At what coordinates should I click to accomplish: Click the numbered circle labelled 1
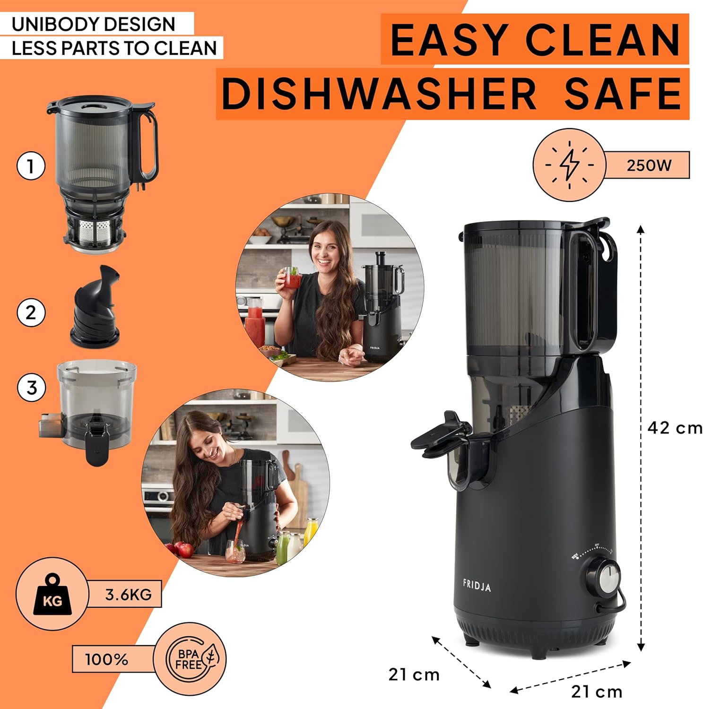(x=31, y=166)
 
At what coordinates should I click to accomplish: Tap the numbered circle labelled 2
(x=31, y=312)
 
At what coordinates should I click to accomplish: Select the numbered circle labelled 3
(x=31, y=388)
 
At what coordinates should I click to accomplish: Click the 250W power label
(x=649, y=165)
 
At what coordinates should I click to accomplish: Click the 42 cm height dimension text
(x=675, y=428)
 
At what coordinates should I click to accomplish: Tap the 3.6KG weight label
(x=128, y=594)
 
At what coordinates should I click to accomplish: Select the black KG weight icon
(x=52, y=594)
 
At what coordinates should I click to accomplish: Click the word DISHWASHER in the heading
(x=379, y=94)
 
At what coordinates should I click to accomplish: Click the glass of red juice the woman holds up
(x=291, y=277)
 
